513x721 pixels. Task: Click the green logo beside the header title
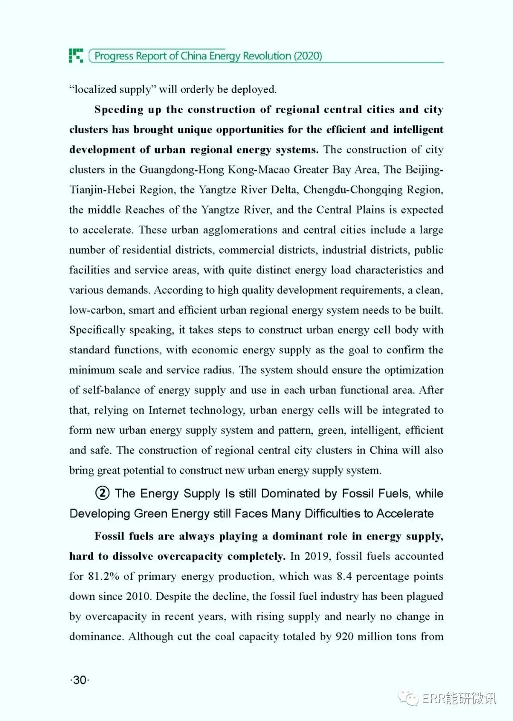pos(76,55)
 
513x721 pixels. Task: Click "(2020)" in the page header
pos(308,56)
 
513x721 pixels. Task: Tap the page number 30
pos(80,680)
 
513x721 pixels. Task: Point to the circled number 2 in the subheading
pos(102,493)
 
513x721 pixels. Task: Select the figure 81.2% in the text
pos(104,576)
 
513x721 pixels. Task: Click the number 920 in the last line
pos(344,636)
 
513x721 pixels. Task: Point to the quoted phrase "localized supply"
pos(112,89)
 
